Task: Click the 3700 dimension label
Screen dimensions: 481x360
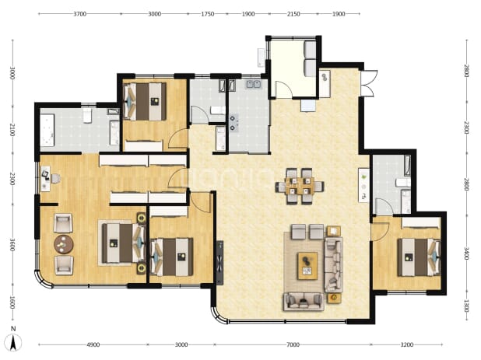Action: [79, 14]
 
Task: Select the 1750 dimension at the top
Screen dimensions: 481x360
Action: [208, 14]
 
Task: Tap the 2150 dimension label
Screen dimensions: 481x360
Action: [293, 14]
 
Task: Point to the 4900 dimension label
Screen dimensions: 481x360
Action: [93, 344]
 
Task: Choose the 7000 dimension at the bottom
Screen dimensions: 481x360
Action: [293, 344]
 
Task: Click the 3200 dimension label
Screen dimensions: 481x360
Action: [407, 344]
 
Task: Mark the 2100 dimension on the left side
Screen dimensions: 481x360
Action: [12, 130]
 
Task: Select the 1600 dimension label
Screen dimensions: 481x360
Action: [12, 302]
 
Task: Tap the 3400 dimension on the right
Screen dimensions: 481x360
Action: [466, 253]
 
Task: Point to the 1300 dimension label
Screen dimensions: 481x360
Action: [466, 306]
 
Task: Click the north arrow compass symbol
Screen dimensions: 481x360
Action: [13, 340]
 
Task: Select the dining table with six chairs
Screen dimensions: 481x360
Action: [300, 186]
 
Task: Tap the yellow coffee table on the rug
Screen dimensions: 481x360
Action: [307, 266]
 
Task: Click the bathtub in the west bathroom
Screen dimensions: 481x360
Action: [47, 130]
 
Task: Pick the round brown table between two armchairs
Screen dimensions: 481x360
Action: [64, 244]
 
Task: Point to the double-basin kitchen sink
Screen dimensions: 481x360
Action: [253, 84]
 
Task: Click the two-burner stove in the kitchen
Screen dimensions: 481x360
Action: [234, 123]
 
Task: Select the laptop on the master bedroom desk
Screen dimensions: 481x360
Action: [45, 175]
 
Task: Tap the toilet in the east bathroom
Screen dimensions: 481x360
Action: [402, 183]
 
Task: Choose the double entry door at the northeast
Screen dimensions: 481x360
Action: [368, 84]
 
